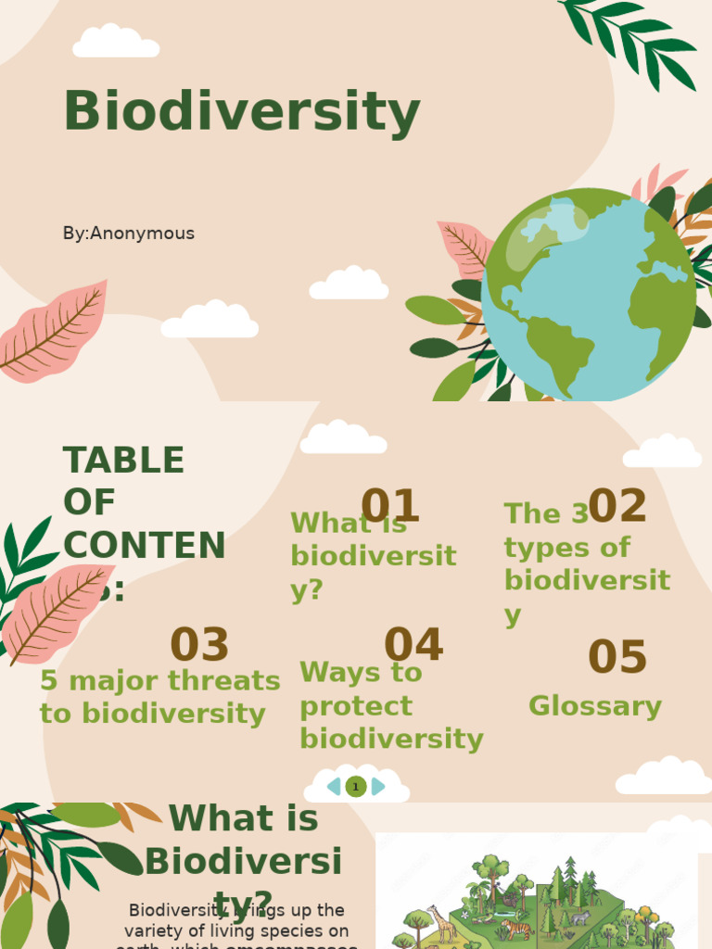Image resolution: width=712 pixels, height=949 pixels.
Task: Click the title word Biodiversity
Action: pyautogui.click(x=241, y=112)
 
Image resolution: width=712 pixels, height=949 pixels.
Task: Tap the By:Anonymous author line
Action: pyautogui.click(x=129, y=234)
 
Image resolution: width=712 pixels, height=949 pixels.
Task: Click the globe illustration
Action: pyautogui.click(x=588, y=294)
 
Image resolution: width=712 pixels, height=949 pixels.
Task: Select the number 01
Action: pyautogui.click(x=390, y=506)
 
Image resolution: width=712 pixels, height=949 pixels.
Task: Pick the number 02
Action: pyautogui.click(x=617, y=506)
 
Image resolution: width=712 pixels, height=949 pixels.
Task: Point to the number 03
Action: pyautogui.click(x=199, y=645)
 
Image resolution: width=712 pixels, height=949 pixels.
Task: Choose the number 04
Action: pyautogui.click(x=413, y=645)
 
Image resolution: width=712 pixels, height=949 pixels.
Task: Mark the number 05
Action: pyautogui.click(x=617, y=657)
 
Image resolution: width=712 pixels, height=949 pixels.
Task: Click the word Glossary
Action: pyautogui.click(x=595, y=706)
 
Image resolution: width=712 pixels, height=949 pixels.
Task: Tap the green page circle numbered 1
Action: pyautogui.click(x=355, y=787)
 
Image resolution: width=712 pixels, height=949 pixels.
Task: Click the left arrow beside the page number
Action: pyautogui.click(x=334, y=787)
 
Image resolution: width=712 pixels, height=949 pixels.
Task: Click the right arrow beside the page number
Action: pyautogui.click(x=377, y=787)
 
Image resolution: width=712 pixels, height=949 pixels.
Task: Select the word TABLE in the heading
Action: pyautogui.click(x=123, y=460)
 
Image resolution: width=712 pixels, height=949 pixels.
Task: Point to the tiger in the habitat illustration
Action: pyautogui.click(x=515, y=929)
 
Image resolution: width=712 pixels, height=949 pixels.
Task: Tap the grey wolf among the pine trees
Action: pyautogui.click(x=579, y=917)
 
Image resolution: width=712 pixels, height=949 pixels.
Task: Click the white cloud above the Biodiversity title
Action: pyautogui.click(x=116, y=42)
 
